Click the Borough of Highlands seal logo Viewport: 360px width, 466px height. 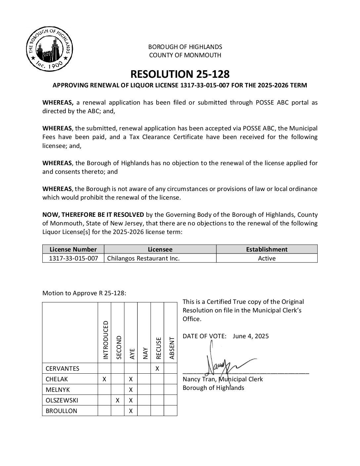tap(49, 49)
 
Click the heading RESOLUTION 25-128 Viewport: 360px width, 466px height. tap(180, 73)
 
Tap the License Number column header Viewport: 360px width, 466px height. tap(73, 250)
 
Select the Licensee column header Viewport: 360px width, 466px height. tap(160, 250)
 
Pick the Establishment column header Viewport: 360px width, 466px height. tap(267, 250)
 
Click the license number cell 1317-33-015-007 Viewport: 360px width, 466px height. tap(73, 258)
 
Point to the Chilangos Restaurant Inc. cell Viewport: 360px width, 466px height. tap(143, 258)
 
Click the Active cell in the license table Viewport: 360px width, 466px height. tap(267, 258)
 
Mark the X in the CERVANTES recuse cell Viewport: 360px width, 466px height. tap(157, 368)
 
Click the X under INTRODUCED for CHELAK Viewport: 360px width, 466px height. tap(104, 379)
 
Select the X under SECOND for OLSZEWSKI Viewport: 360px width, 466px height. tap(117, 400)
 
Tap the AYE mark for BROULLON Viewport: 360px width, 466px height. tap(131, 411)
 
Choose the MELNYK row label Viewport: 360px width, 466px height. tap(58, 390)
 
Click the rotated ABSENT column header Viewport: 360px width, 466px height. tap(171, 348)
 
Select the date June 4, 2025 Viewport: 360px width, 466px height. tap(250, 336)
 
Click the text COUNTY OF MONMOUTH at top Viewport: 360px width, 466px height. tap(185, 55)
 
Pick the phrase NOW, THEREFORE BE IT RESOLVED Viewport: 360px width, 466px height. tap(93, 215)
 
